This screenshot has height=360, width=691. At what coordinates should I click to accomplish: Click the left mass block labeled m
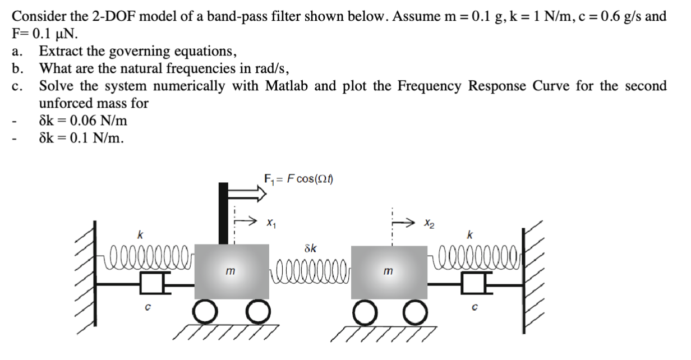pyautogui.click(x=230, y=271)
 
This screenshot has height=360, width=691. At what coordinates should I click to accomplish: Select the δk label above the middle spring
pyautogui.click(x=310, y=247)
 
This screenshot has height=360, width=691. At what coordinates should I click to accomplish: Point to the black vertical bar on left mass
pyautogui.click(x=223, y=213)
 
